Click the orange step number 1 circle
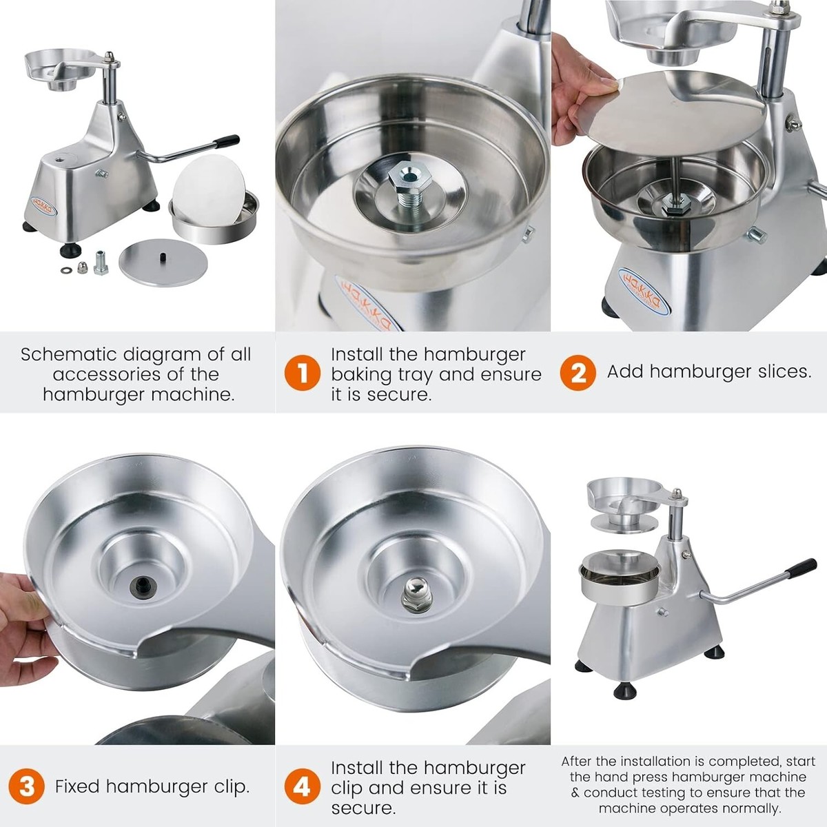click(302, 373)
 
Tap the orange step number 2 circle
click(578, 373)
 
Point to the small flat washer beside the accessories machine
click(67, 270)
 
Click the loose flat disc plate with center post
click(163, 263)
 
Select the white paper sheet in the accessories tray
click(209, 190)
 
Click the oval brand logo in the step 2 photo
click(644, 291)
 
